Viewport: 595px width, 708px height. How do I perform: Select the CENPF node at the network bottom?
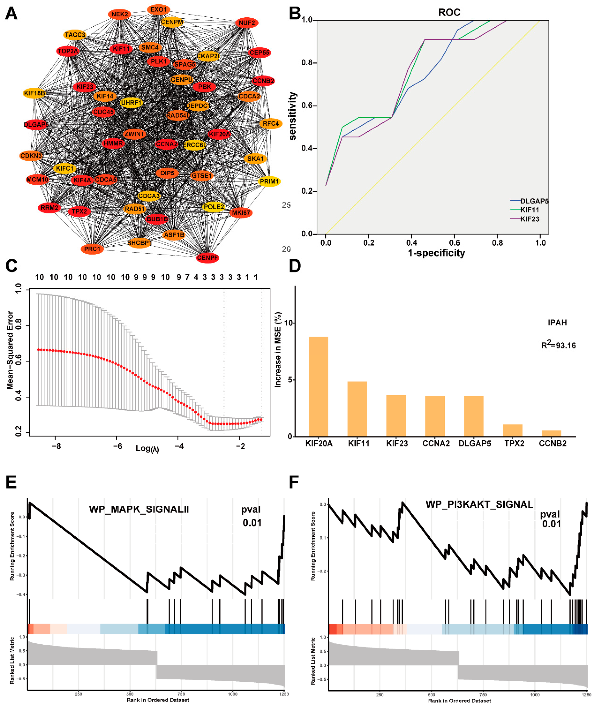(207, 258)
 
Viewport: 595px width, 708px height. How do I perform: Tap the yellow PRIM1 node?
(269, 182)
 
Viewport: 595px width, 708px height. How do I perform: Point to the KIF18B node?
(34, 93)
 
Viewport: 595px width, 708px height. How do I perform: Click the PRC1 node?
(92, 249)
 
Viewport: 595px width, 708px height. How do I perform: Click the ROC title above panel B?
(449, 13)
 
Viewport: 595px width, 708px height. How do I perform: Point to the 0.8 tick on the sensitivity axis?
(307, 63)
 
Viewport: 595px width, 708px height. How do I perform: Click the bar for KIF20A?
(318, 387)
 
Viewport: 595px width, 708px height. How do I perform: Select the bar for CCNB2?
(551, 433)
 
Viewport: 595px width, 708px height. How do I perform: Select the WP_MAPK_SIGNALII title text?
(139, 509)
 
